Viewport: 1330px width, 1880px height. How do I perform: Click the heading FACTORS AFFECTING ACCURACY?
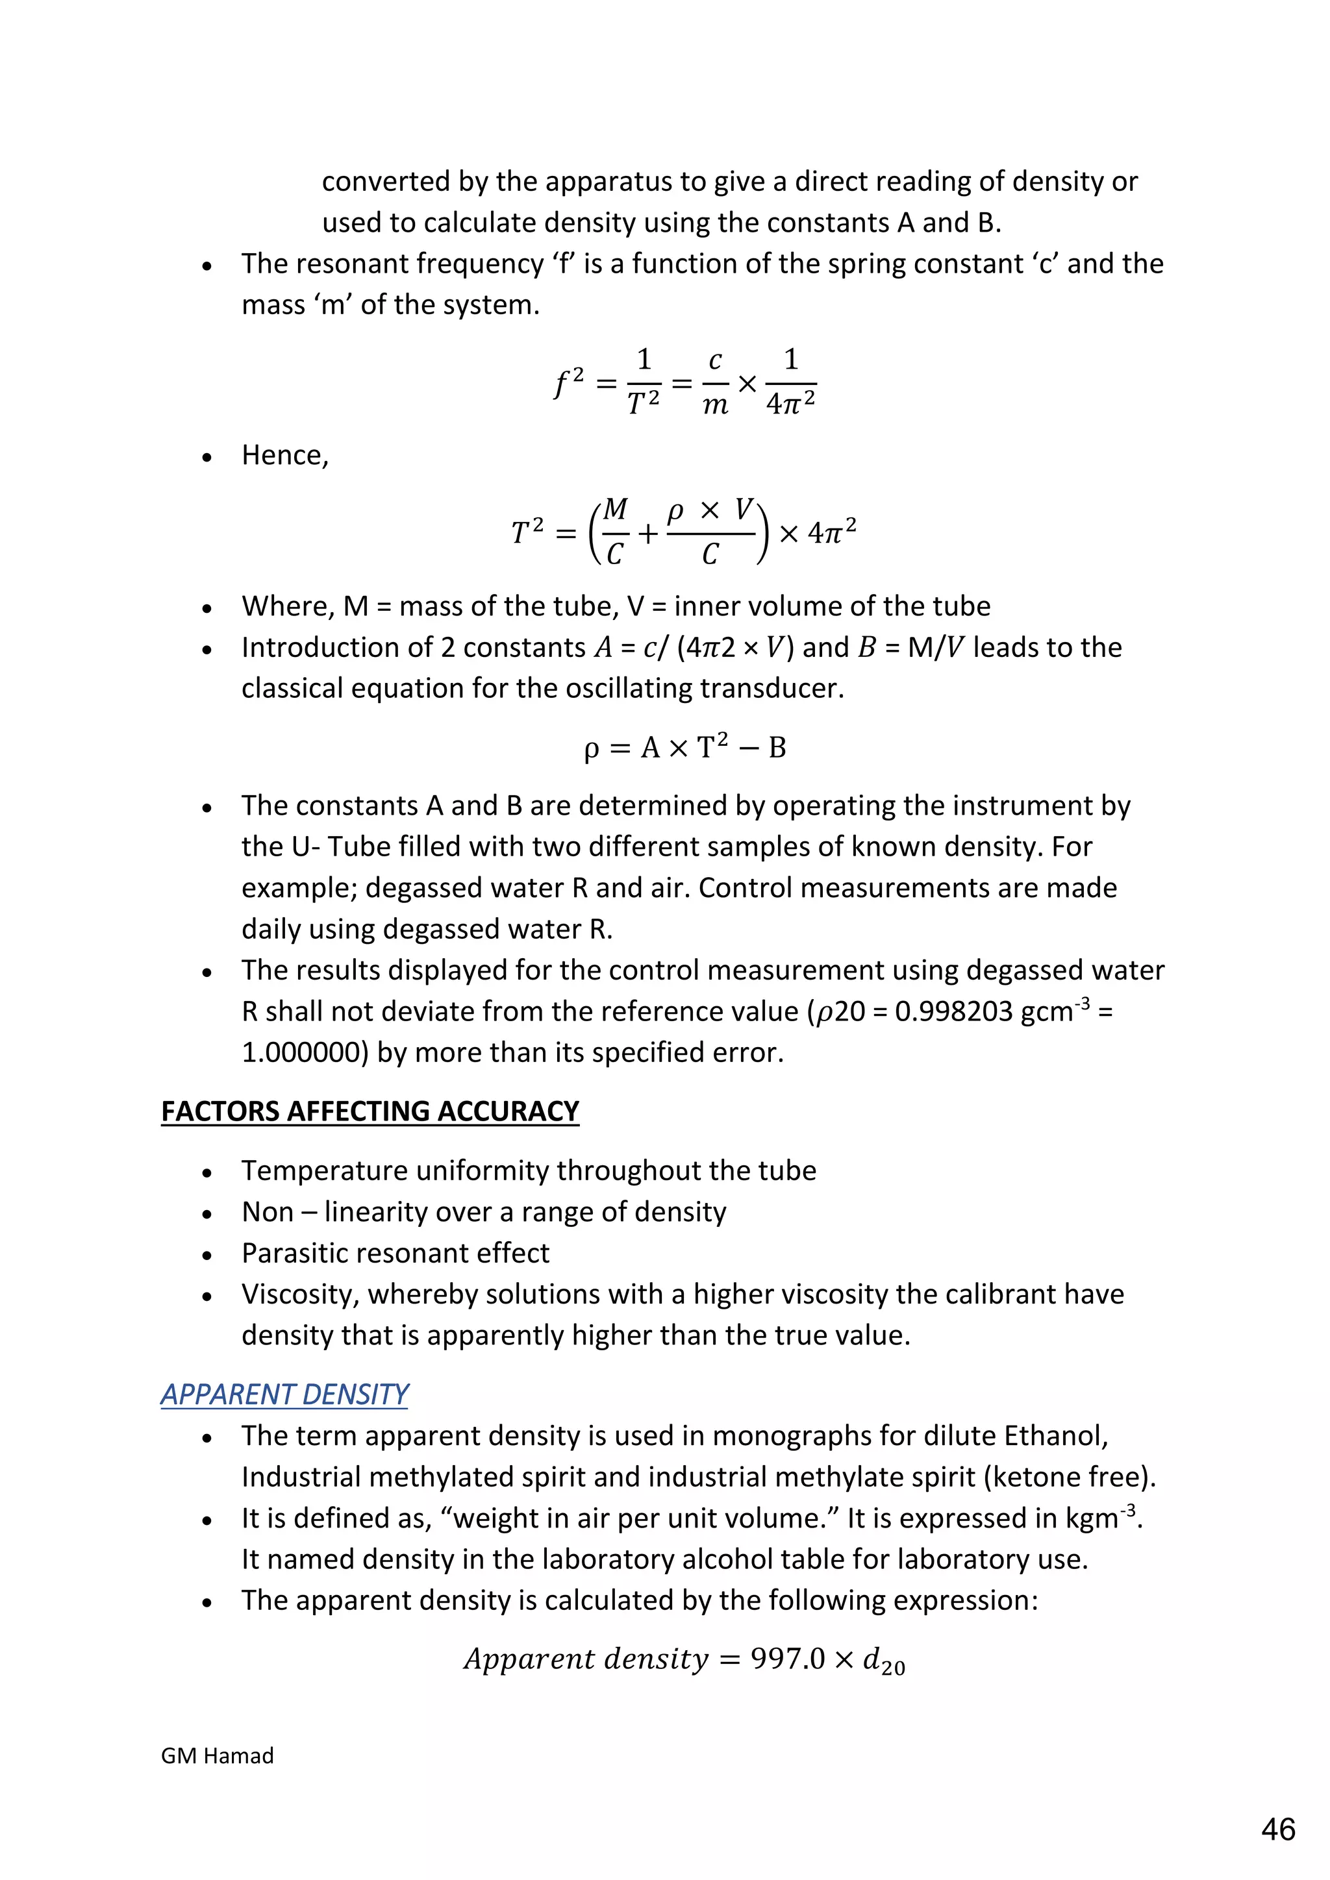click(370, 1111)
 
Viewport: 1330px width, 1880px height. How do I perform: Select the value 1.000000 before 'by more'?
click(305, 1053)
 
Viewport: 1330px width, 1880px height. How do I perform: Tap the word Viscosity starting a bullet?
click(301, 1294)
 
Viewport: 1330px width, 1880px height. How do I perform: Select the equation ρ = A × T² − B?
click(684, 748)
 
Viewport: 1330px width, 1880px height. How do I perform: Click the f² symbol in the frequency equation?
click(569, 383)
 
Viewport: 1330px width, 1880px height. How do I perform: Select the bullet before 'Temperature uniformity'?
click(207, 1172)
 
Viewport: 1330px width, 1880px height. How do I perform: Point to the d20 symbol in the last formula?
click(884, 1661)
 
